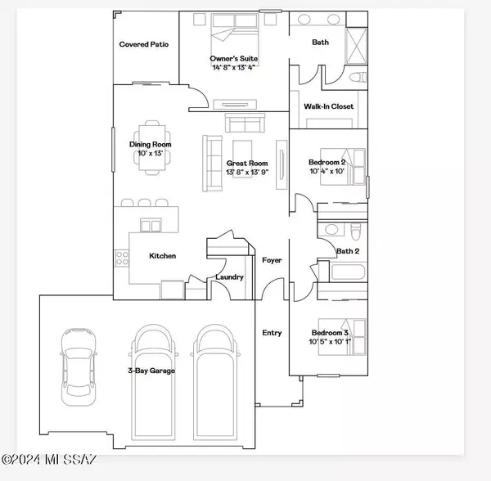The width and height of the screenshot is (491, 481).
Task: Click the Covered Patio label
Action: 144,44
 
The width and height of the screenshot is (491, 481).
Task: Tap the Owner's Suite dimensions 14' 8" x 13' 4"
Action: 233,67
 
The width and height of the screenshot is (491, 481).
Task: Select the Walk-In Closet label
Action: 328,106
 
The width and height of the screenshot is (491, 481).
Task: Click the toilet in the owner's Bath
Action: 358,77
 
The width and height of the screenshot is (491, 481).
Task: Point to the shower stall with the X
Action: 356,46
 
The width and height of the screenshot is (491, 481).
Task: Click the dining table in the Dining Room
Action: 152,148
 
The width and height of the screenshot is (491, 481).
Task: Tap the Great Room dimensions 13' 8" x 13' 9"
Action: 247,172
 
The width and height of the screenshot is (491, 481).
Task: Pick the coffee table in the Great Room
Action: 242,159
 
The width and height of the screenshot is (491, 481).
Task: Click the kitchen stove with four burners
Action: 121,258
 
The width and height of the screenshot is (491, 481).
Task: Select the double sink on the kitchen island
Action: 151,225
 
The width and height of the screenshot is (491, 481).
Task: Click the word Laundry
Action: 229,277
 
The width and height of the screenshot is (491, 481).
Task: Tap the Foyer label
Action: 272,260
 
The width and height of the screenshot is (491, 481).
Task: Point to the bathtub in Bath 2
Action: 348,272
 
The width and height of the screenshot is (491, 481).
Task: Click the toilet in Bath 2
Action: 355,231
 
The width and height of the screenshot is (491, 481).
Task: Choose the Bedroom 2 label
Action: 327,162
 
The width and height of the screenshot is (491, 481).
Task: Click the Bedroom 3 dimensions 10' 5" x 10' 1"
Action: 330,341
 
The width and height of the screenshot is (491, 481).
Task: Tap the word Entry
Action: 272,333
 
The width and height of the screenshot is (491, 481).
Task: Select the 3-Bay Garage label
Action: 151,371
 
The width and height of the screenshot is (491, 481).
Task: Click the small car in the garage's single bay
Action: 79,367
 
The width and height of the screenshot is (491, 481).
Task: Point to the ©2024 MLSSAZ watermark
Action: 48,460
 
